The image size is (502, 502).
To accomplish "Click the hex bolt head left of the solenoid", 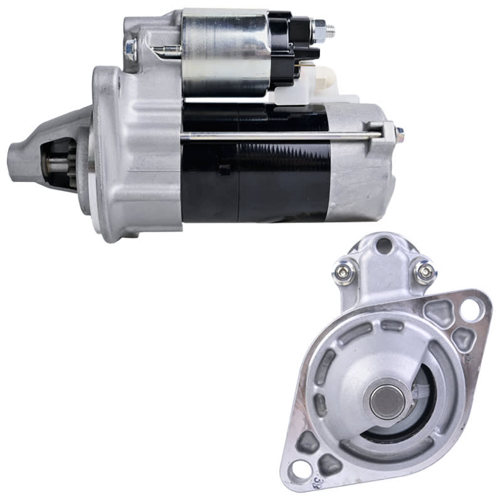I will (131, 48).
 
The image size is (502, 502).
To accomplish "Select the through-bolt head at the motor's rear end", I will (398, 133).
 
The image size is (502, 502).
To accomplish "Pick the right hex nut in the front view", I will (424, 272).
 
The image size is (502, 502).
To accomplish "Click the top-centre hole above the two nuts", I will (383, 245).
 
